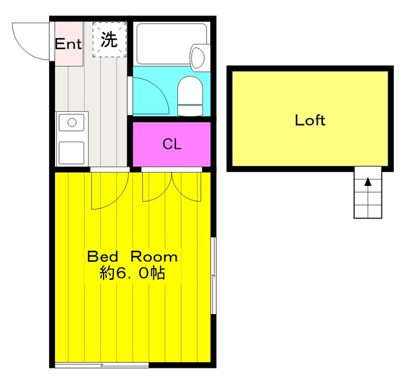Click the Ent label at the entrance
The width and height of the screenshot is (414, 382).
[68, 44]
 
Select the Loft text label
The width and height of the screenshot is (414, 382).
[310, 120]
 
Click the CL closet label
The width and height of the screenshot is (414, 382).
[171, 144]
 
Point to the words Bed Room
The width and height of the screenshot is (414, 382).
[133, 256]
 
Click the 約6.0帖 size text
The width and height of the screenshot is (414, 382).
[133, 273]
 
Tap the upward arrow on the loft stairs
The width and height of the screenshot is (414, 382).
[368, 183]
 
